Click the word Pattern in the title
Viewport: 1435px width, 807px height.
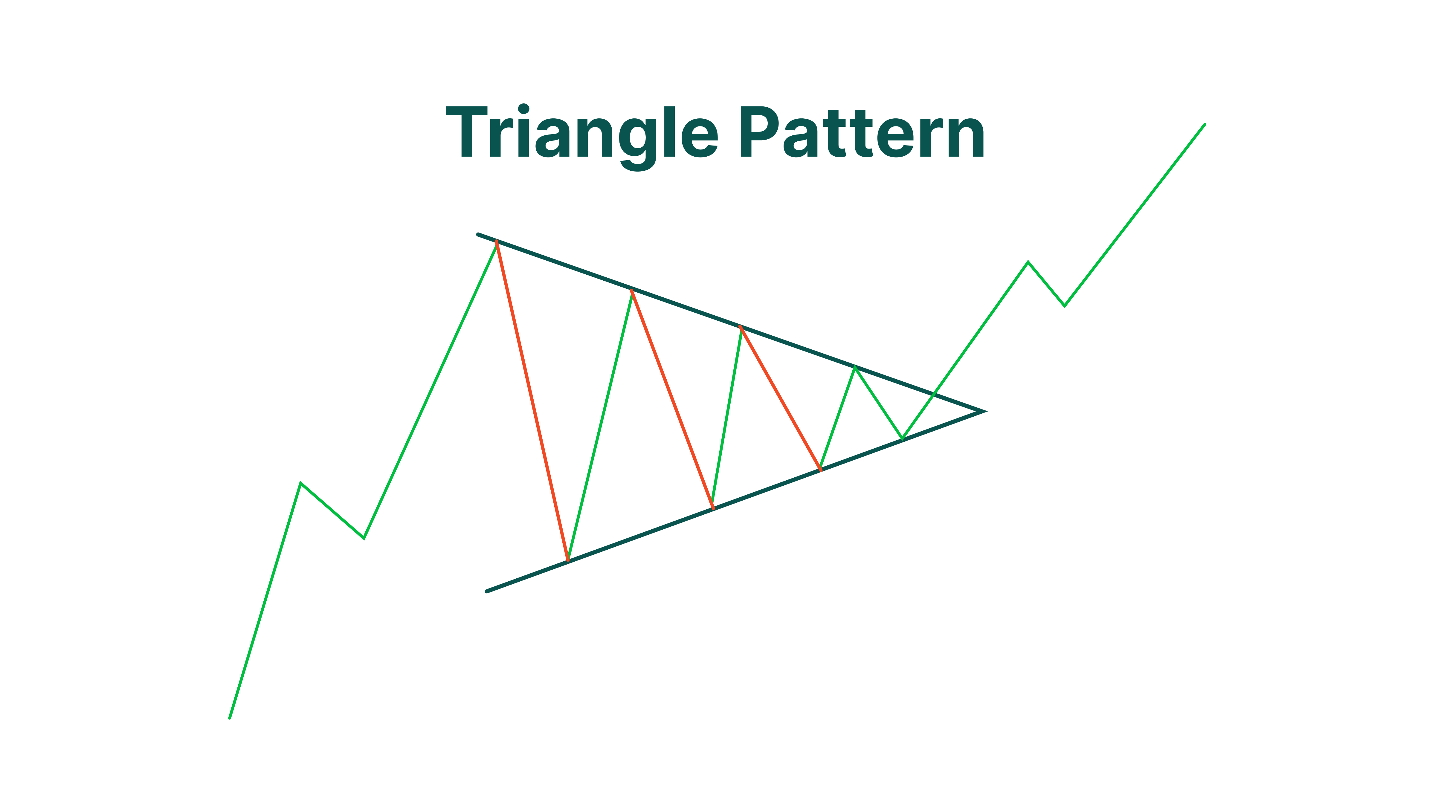pos(862,132)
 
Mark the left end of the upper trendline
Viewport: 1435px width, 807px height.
pos(478,234)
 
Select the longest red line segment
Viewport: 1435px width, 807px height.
pos(532,401)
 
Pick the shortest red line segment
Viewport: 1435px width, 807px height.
pos(781,399)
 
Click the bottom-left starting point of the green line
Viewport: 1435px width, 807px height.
pos(230,719)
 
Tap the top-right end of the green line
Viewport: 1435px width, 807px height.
pos(1205,124)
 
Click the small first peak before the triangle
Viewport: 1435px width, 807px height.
pos(301,483)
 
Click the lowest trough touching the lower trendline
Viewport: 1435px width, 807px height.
pos(568,561)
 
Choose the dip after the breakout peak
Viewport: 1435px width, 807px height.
pos(1065,306)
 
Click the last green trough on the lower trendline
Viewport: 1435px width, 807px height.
pos(903,439)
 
